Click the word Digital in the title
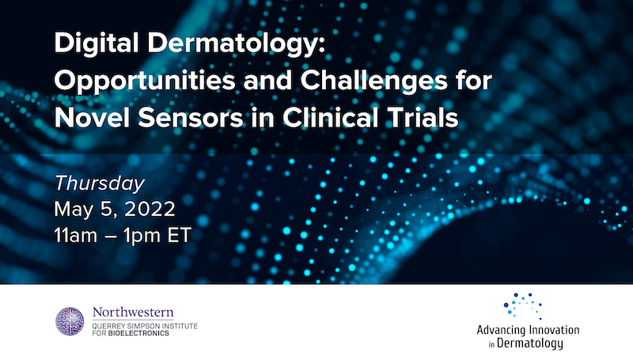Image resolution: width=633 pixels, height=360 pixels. pos(89,46)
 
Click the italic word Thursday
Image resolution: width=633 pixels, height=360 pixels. pos(100,184)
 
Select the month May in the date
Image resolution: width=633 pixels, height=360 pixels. pos(73,210)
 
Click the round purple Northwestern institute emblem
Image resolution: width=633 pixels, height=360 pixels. pos(70,320)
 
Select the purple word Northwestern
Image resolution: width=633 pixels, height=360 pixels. pos(133,312)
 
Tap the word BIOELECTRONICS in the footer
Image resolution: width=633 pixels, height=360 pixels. pos(141,332)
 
